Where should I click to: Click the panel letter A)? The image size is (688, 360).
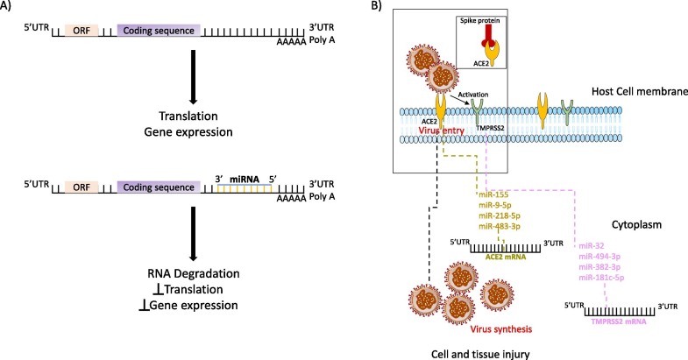pyautogui.click(x=10, y=8)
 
